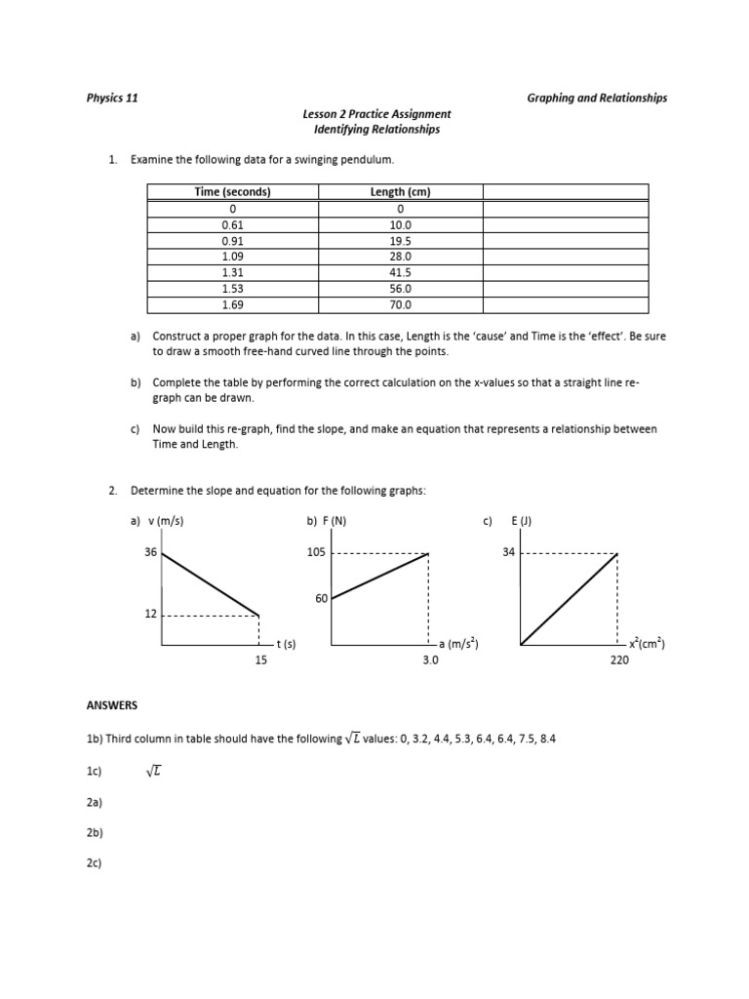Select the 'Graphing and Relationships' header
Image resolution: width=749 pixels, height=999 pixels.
597,98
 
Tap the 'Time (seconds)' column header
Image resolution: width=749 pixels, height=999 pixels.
232,192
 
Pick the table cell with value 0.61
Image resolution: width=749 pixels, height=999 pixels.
232,224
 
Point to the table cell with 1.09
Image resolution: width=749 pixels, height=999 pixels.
232,257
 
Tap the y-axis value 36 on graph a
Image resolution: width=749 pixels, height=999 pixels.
150,552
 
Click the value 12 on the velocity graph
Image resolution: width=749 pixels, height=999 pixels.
150,615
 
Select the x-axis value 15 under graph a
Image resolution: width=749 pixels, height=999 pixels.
260,660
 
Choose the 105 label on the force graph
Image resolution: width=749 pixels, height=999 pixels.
317,552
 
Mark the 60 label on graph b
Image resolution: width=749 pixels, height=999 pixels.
321,598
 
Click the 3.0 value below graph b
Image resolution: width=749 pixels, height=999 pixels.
430,660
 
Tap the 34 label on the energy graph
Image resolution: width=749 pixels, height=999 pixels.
507,552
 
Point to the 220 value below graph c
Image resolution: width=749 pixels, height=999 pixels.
619,660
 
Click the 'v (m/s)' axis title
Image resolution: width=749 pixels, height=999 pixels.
164,521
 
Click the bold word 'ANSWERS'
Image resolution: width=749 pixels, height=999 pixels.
112,704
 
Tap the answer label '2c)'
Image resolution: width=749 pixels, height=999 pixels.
95,863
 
